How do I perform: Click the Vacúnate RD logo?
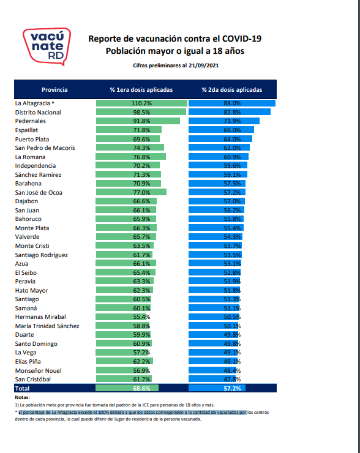(x=46, y=46)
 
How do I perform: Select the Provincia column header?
(x=54, y=89)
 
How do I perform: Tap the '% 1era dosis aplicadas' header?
(x=141, y=89)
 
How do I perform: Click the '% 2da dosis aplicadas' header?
(x=232, y=89)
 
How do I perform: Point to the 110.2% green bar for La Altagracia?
(x=141, y=103)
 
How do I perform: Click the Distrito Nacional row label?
(x=39, y=113)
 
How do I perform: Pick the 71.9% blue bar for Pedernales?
(x=224, y=121)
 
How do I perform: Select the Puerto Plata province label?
(x=33, y=139)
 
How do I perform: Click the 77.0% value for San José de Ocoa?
(x=141, y=192)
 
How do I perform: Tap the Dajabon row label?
(x=27, y=201)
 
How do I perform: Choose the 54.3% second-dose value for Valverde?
(x=232, y=237)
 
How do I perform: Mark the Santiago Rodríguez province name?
(x=41, y=255)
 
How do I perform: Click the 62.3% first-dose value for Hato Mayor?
(x=141, y=290)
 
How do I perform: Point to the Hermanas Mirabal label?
(x=40, y=317)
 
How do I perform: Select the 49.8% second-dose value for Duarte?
(x=232, y=335)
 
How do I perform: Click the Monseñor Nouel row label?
(x=38, y=370)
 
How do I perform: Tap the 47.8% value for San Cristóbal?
(x=232, y=380)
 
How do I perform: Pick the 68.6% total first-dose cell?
(x=141, y=388)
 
